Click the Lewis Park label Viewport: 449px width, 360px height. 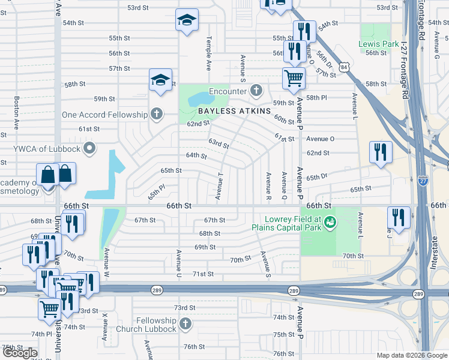tap(378, 44)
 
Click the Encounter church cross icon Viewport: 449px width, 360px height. tap(256, 91)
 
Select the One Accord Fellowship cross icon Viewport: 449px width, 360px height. tap(157, 114)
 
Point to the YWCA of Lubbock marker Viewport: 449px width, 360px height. tap(90, 148)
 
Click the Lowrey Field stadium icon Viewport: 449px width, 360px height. tap(330, 223)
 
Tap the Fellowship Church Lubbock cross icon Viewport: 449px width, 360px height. tap(185, 325)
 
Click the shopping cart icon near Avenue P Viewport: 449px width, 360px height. tap(294, 77)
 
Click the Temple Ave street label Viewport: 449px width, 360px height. tap(209, 53)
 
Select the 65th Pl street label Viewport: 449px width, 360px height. tap(156, 193)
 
